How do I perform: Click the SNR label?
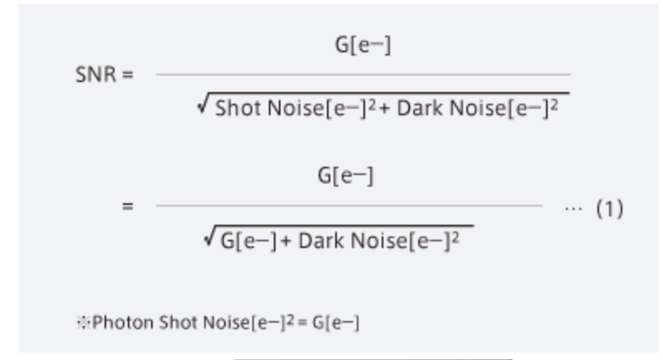95,75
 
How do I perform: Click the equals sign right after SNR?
127,75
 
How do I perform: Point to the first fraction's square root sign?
203,104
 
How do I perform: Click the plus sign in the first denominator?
385,109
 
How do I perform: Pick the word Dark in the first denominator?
420,108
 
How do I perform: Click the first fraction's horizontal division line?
363,75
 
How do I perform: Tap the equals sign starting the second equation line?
127,207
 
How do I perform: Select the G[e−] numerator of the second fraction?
345,176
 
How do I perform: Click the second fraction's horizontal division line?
349,206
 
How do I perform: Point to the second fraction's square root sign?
209,236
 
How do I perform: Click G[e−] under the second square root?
249,241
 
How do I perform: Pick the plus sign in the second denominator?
285,241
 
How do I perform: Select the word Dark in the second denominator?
321,241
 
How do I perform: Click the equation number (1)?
609,209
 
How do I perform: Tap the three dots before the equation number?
573,208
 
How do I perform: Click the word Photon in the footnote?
123,323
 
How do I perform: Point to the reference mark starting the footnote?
83,323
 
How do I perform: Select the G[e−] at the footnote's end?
336,323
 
